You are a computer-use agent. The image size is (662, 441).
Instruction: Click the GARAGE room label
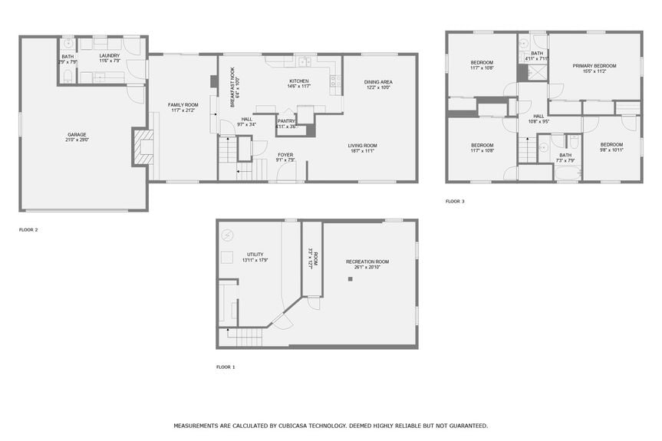point(76,134)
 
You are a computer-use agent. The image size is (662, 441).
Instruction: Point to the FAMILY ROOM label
point(183,104)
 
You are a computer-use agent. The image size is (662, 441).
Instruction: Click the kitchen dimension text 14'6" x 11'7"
point(299,87)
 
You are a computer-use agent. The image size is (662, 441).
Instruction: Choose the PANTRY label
point(286,120)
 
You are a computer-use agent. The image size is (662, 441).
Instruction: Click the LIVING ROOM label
point(362,145)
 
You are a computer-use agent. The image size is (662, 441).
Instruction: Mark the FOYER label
point(285,155)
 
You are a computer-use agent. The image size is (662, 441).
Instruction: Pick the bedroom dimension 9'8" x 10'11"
point(611,150)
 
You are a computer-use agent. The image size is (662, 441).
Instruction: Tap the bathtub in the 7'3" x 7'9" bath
point(568,173)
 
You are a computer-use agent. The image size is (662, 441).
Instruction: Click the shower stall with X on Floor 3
point(537,72)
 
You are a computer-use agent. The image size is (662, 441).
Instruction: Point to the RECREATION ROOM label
point(367,262)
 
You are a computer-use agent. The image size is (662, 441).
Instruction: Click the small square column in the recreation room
point(350,279)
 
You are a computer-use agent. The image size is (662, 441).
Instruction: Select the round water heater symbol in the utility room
point(226,235)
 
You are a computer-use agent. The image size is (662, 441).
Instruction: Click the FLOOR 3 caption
point(455,202)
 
